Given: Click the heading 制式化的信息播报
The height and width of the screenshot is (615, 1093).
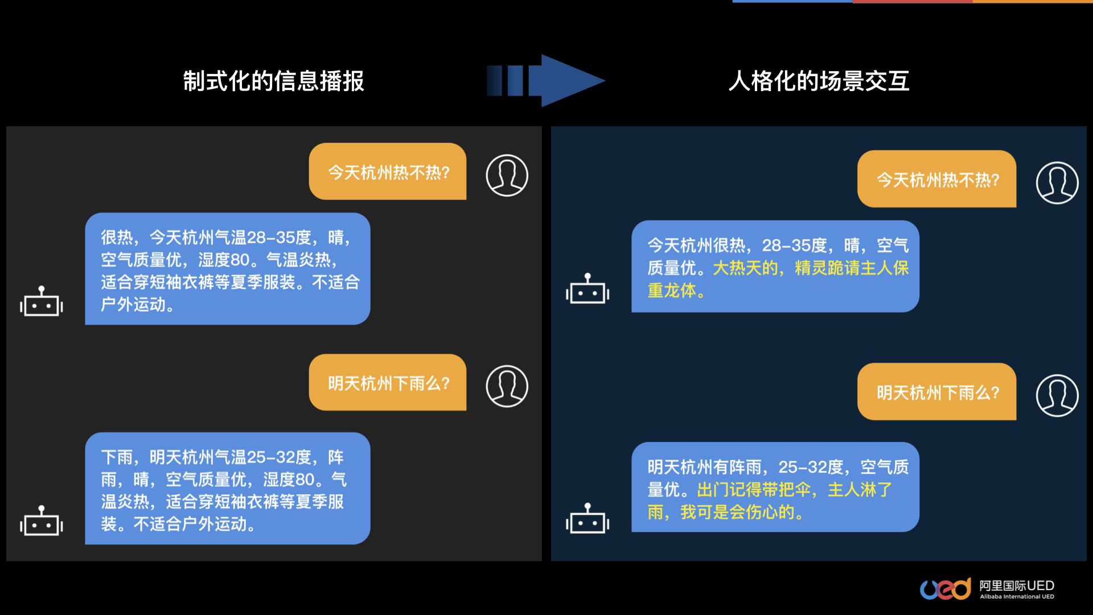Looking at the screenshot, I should pyautogui.click(x=273, y=81).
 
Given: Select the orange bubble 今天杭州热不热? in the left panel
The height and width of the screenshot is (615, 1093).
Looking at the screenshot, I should pyautogui.click(x=388, y=172).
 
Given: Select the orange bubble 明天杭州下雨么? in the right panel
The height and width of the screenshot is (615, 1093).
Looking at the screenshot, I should pyautogui.click(x=937, y=392).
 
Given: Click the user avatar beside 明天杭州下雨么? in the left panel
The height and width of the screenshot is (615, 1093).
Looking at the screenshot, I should pyautogui.click(x=507, y=386).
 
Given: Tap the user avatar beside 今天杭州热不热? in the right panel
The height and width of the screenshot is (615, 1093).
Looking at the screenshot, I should pyautogui.click(x=1057, y=183).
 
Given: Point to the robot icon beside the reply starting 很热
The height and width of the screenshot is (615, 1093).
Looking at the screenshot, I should pyautogui.click(x=42, y=302).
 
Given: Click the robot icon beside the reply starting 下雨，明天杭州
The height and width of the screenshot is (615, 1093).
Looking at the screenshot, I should pyautogui.click(x=42, y=521).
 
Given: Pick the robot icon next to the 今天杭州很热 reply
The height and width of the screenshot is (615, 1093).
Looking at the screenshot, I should pyautogui.click(x=587, y=289).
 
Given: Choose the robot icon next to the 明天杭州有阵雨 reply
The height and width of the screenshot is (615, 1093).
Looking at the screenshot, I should pyautogui.click(x=587, y=519).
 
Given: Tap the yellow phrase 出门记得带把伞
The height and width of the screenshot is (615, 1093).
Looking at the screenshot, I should pyautogui.click(x=754, y=490).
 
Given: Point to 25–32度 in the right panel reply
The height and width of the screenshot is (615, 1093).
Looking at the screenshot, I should pyautogui.click(x=811, y=468).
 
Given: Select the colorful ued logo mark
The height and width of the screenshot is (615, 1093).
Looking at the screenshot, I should pyautogui.click(x=945, y=589).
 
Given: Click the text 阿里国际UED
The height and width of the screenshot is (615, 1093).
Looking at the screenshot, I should pyautogui.click(x=1017, y=585).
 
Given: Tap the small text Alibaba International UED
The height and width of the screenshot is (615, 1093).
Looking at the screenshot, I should pyautogui.click(x=1017, y=597).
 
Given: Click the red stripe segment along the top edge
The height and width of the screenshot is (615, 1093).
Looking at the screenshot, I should pyautogui.click(x=912, y=2).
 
